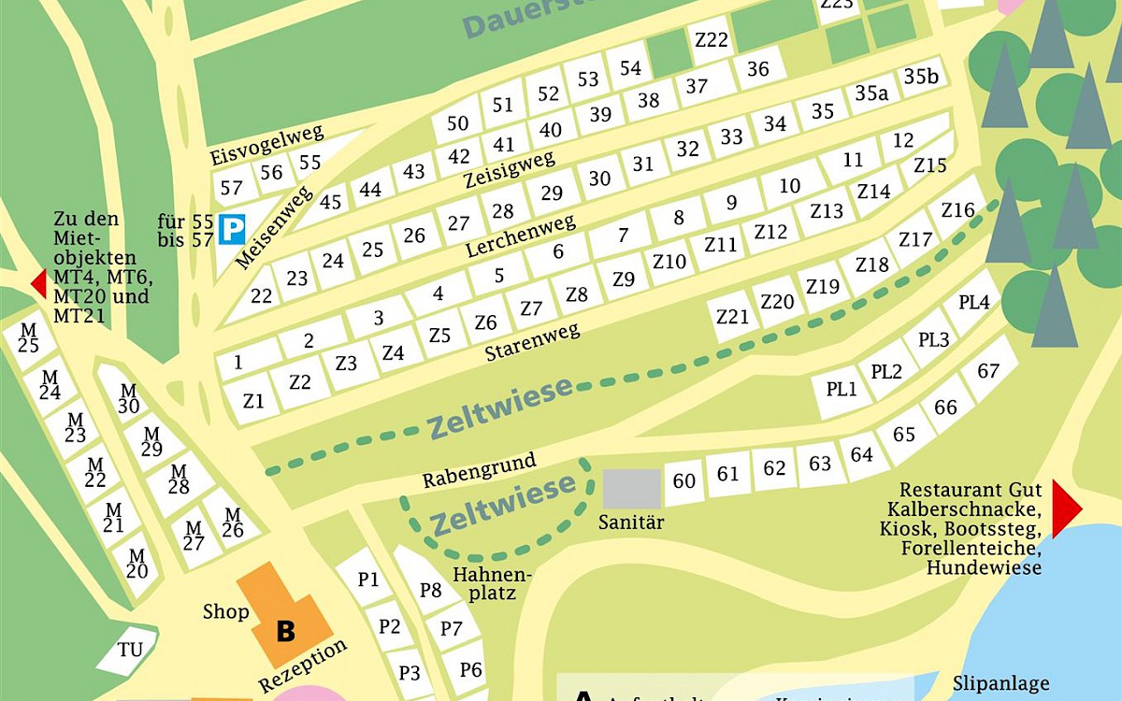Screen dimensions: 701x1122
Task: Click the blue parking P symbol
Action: pos(231,229)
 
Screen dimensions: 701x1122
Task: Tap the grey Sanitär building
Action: pos(631,488)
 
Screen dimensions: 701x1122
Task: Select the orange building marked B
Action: pos(284,616)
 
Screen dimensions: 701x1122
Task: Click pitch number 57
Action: pos(231,188)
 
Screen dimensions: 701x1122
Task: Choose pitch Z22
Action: pos(712,39)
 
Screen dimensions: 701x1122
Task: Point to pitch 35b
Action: pos(920,76)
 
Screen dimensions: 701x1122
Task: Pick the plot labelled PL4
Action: pos(973,303)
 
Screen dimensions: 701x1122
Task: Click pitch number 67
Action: pos(988,371)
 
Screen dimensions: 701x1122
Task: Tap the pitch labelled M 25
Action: pos(29,338)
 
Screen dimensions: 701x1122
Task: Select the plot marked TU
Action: pos(130,649)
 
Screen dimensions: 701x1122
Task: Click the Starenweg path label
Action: pos(532,342)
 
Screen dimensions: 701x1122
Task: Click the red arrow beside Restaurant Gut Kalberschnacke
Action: pos(1066,508)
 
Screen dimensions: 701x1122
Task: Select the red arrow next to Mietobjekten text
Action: pos(38,282)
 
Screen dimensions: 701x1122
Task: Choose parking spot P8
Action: pos(430,590)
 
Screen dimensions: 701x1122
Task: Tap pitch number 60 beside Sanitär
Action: pos(684,480)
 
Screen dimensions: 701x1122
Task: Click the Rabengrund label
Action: pos(479,470)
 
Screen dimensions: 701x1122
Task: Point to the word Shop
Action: pos(225,612)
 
